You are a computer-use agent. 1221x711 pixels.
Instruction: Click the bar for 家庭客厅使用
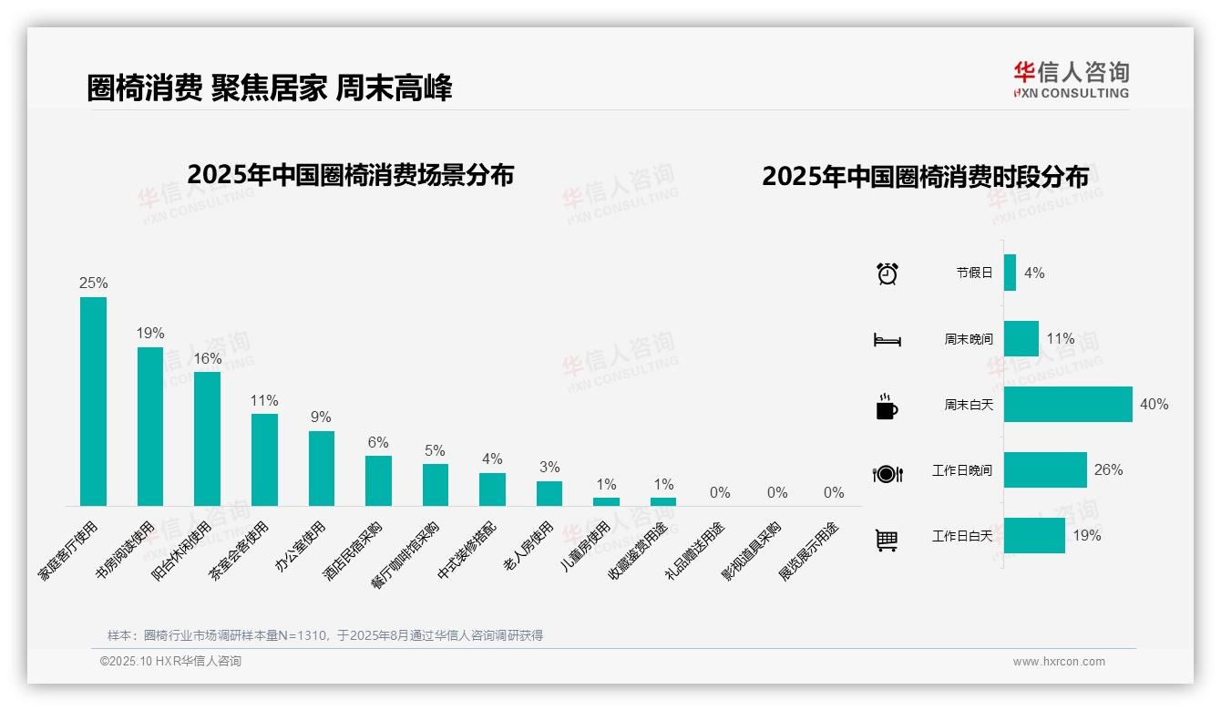coord(93,401)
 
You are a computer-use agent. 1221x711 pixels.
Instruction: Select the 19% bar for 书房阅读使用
coord(150,426)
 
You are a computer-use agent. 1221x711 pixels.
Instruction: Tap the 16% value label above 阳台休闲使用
coord(208,358)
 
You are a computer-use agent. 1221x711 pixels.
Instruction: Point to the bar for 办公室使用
coord(322,468)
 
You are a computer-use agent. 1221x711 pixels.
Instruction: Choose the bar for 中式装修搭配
coord(492,489)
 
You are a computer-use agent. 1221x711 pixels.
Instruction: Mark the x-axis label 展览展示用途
coord(809,551)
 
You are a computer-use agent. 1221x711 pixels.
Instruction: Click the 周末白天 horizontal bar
coord(1068,404)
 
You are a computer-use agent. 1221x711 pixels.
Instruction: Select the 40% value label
coord(1154,404)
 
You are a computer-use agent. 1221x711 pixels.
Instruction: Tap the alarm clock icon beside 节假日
coord(888,273)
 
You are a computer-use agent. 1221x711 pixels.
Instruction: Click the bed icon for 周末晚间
coord(888,339)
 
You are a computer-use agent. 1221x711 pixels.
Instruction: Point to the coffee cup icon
coord(888,407)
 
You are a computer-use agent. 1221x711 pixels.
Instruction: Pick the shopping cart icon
coord(887,540)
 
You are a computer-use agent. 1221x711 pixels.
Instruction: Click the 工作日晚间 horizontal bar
coord(1045,469)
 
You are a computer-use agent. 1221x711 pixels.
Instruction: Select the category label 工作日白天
coord(962,536)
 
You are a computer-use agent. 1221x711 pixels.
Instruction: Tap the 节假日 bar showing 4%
coord(1010,273)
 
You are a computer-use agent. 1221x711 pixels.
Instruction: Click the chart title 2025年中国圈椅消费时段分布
coord(925,177)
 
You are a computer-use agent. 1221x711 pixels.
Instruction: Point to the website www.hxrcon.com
coord(1059,662)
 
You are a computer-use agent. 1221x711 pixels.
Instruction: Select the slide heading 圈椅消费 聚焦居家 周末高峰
coord(270,88)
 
